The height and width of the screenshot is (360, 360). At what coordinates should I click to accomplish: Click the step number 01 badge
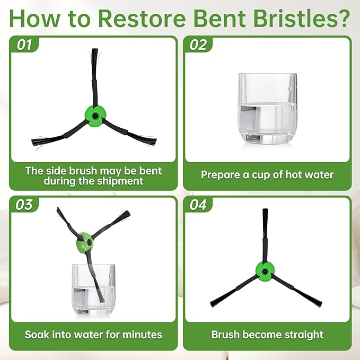24,45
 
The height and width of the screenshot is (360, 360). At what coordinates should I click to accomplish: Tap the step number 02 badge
198,45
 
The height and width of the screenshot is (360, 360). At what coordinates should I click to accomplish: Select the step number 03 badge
24,204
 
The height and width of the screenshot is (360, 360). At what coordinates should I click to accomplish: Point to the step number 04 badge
198,204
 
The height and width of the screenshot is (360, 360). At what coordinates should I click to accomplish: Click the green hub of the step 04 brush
265,271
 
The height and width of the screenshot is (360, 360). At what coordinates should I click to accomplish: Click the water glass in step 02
268,109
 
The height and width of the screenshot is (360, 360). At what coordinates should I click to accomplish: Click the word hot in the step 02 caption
293,175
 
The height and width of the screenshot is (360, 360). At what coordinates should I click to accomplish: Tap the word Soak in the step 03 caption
37,335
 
